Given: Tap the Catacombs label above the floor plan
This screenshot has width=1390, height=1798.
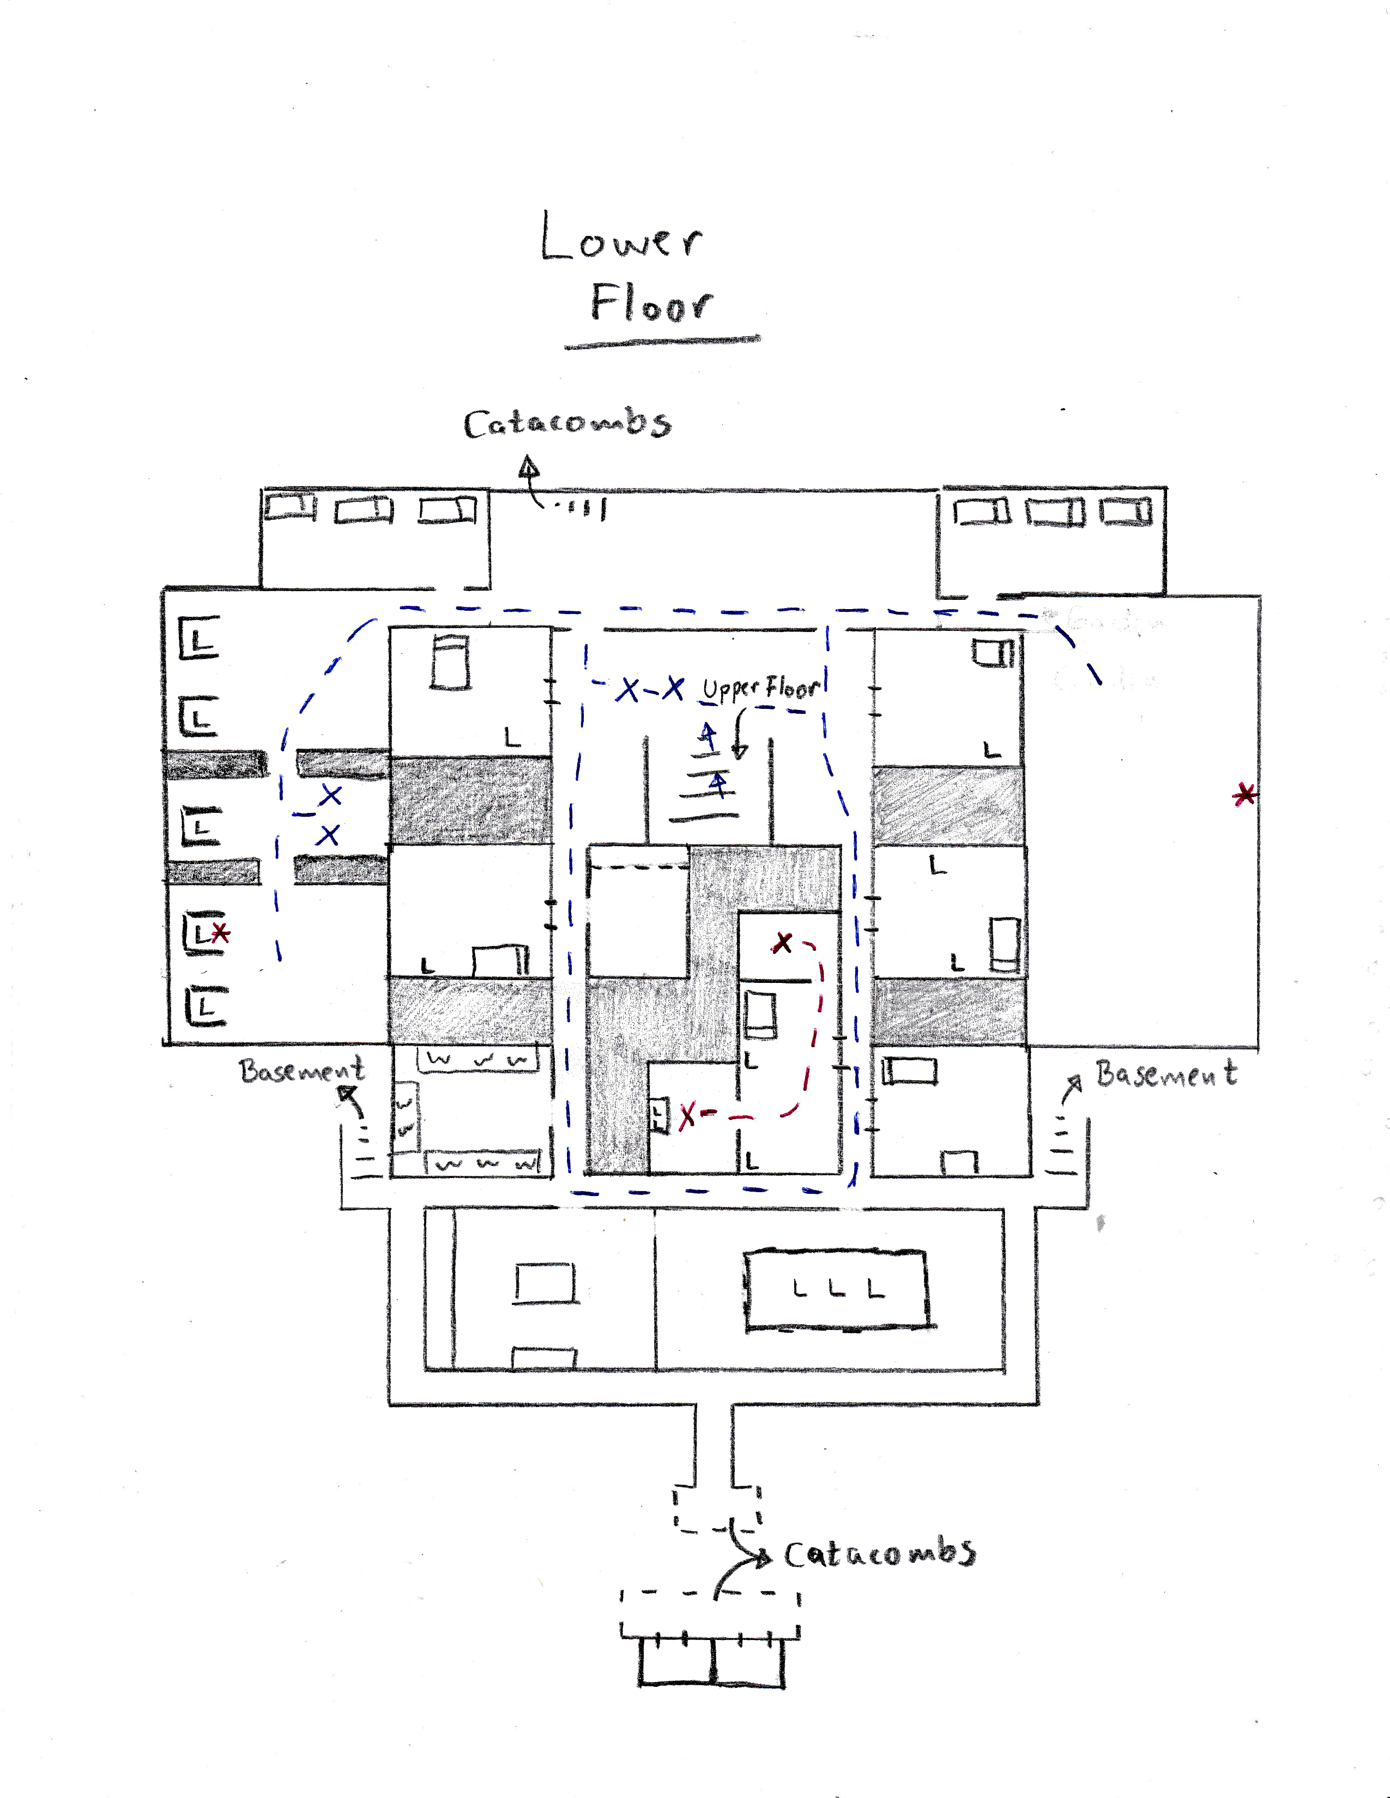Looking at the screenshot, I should click(567, 424).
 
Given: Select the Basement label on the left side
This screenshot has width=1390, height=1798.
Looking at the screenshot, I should click(301, 1070).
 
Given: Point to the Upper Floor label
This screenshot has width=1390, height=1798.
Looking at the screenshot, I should click(762, 688).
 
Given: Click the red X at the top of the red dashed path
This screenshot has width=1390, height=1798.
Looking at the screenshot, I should click(782, 943).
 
